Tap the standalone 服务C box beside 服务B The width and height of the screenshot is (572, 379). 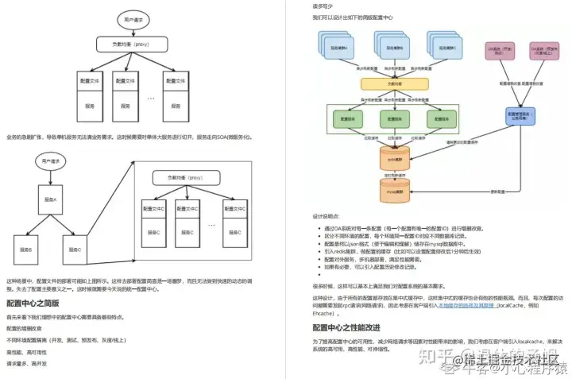coord(75,249)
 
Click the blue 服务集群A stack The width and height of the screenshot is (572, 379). coord(341,47)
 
